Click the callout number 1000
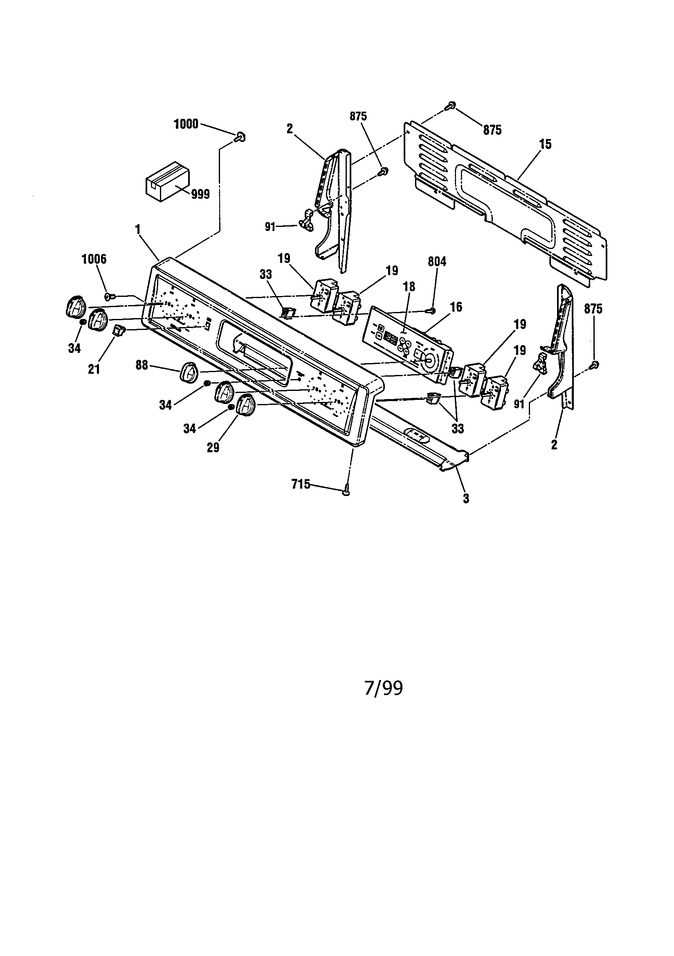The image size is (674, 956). click(x=186, y=124)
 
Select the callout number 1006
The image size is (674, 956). click(x=94, y=259)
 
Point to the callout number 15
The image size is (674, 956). click(x=545, y=144)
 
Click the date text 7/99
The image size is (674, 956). click(x=383, y=689)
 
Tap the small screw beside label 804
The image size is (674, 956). click(x=432, y=310)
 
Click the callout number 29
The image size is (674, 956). click(x=213, y=447)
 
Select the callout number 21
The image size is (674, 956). click(x=94, y=369)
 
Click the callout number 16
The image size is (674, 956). click(x=456, y=307)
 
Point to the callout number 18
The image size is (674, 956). click(x=409, y=287)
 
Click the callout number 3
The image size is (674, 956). click(x=466, y=498)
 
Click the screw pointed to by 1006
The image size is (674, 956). click(x=109, y=296)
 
